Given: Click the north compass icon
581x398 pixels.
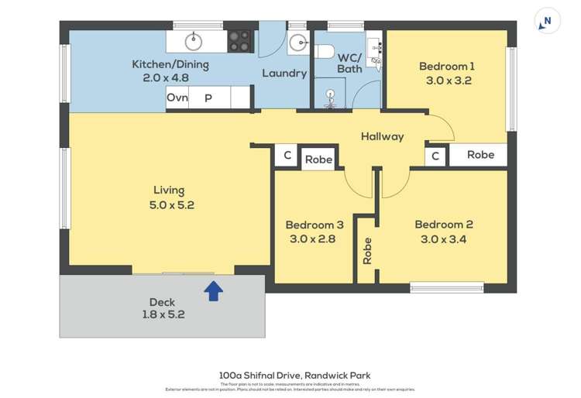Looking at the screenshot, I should tap(548, 22).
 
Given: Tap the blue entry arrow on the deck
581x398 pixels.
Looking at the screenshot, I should tap(214, 290).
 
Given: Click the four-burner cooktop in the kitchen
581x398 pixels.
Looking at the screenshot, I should tap(240, 40).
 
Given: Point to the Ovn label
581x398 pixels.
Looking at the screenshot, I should tap(177, 98).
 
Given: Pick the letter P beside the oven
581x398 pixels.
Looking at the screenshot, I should tap(208, 98).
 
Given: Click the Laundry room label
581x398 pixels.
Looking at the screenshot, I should tap(284, 74).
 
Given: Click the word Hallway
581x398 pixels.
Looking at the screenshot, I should tap(382, 136).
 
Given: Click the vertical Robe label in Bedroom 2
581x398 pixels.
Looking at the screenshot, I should tap(367, 251).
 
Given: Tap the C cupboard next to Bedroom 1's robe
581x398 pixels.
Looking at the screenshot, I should tap(435, 156).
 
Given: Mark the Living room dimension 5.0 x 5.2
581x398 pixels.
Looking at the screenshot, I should tap(171, 205).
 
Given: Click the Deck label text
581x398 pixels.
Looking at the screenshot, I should tap(163, 302).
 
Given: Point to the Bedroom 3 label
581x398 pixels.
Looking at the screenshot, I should tap(314, 225).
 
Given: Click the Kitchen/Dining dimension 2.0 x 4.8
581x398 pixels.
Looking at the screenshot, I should tap(170, 77).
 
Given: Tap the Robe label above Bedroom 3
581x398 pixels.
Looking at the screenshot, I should tap(318, 160).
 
